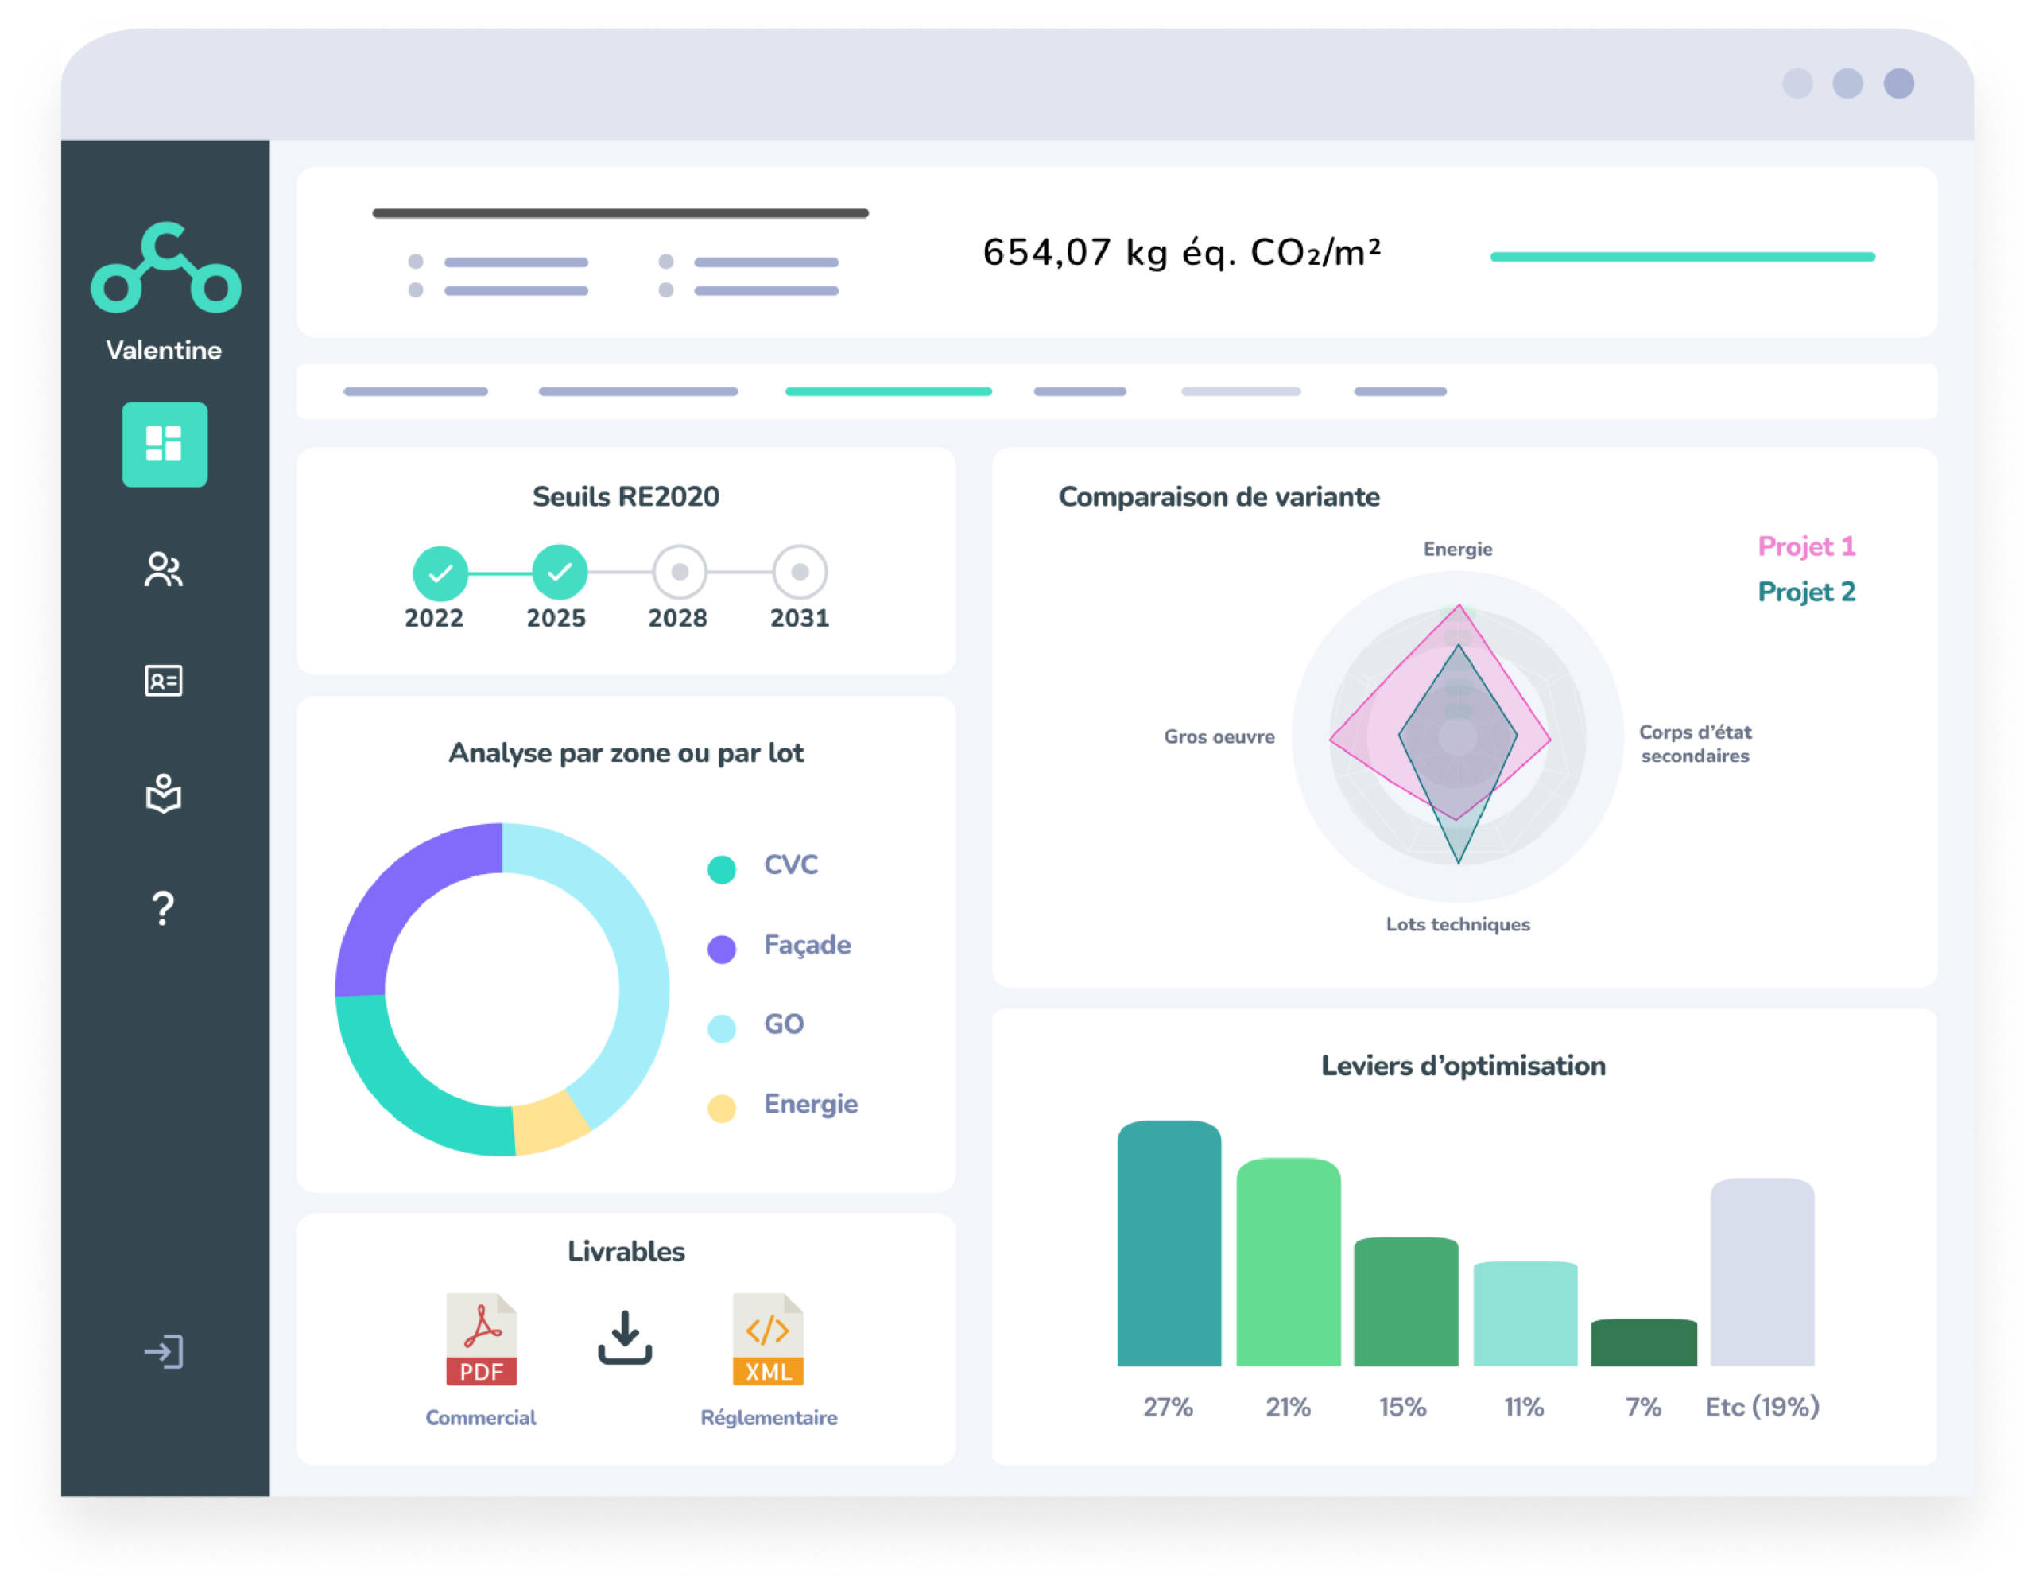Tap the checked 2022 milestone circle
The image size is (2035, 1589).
click(x=440, y=573)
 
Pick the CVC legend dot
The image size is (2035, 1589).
click(x=721, y=868)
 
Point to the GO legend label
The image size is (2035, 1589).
click(x=784, y=1024)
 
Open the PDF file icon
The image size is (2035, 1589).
click(x=481, y=1339)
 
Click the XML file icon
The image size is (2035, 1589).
click(x=768, y=1339)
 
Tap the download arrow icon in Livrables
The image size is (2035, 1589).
click(x=624, y=1338)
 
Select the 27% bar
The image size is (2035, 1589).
click(x=1169, y=1244)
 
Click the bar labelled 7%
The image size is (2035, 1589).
click(x=1644, y=1343)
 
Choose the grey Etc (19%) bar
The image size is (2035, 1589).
click(x=1762, y=1272)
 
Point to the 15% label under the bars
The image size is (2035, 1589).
click(x=1403, y=1407)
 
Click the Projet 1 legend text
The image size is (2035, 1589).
click(x=1806, y=547)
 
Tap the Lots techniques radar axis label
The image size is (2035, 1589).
click(x=1457, y=924)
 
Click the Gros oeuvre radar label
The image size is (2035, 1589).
click(x=1219, y=737)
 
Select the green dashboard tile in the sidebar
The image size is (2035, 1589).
click(x=165, y=445)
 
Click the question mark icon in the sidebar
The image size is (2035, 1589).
click(x=163, y=907)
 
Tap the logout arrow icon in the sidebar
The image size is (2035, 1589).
click(x=164, y=1352)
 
